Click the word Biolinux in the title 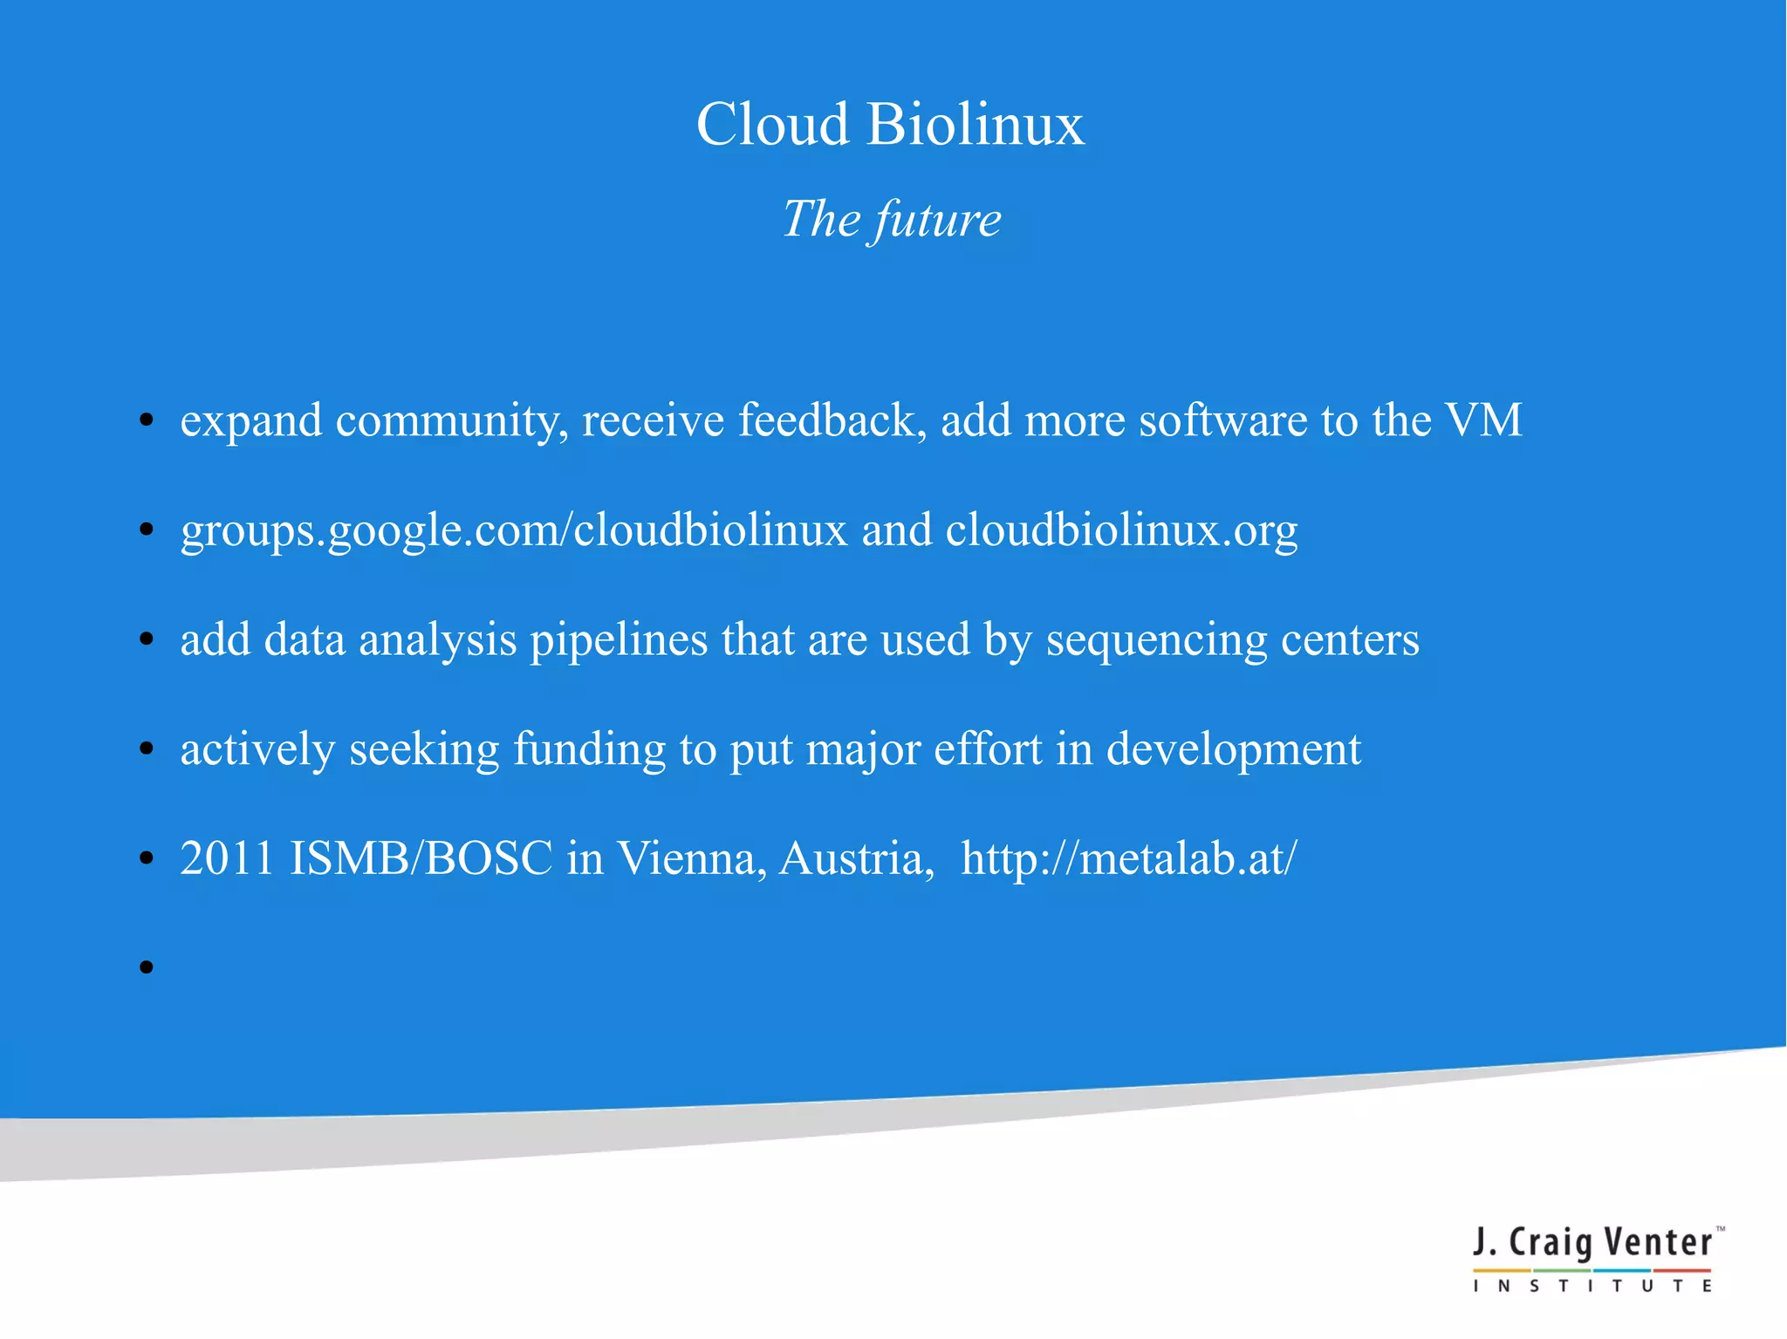point(975,124)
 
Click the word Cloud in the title point(772,124)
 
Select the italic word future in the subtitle point(938,219)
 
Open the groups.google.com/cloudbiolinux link point(514,530)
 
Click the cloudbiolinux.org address point(1121,530)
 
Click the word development point(1233,749)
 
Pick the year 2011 point(227,858)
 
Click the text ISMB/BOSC point(421,858)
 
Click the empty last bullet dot point(147,967)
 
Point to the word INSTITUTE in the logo point(1592,1286)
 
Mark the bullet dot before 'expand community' point(147,420)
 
